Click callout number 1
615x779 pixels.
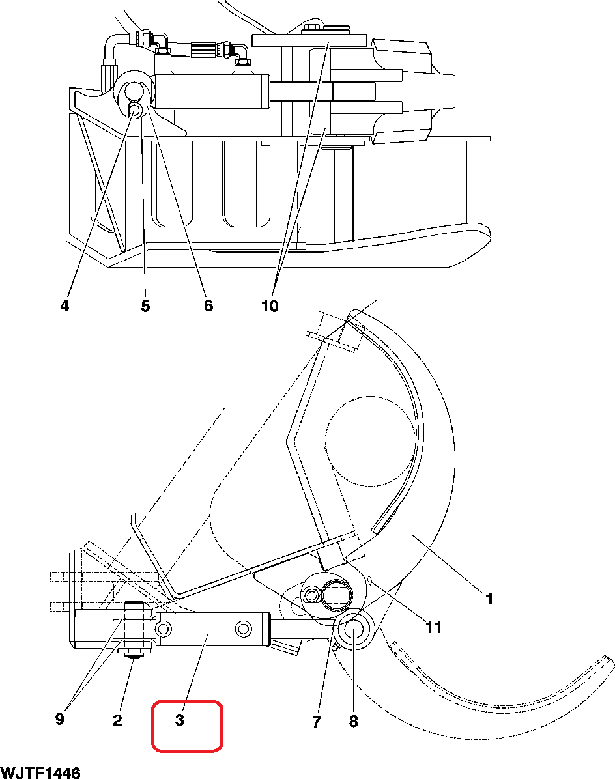[489, 599]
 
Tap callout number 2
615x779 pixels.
[117, 719]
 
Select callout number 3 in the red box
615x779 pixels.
[180, 719]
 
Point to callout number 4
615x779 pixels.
[64, 305]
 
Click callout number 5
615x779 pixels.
[145, 305]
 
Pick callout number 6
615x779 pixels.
[208, 305]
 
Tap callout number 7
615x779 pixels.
[317, 722]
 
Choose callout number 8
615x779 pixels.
[353, 722]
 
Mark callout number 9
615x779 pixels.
[60, 719]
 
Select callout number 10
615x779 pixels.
[270, 305]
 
